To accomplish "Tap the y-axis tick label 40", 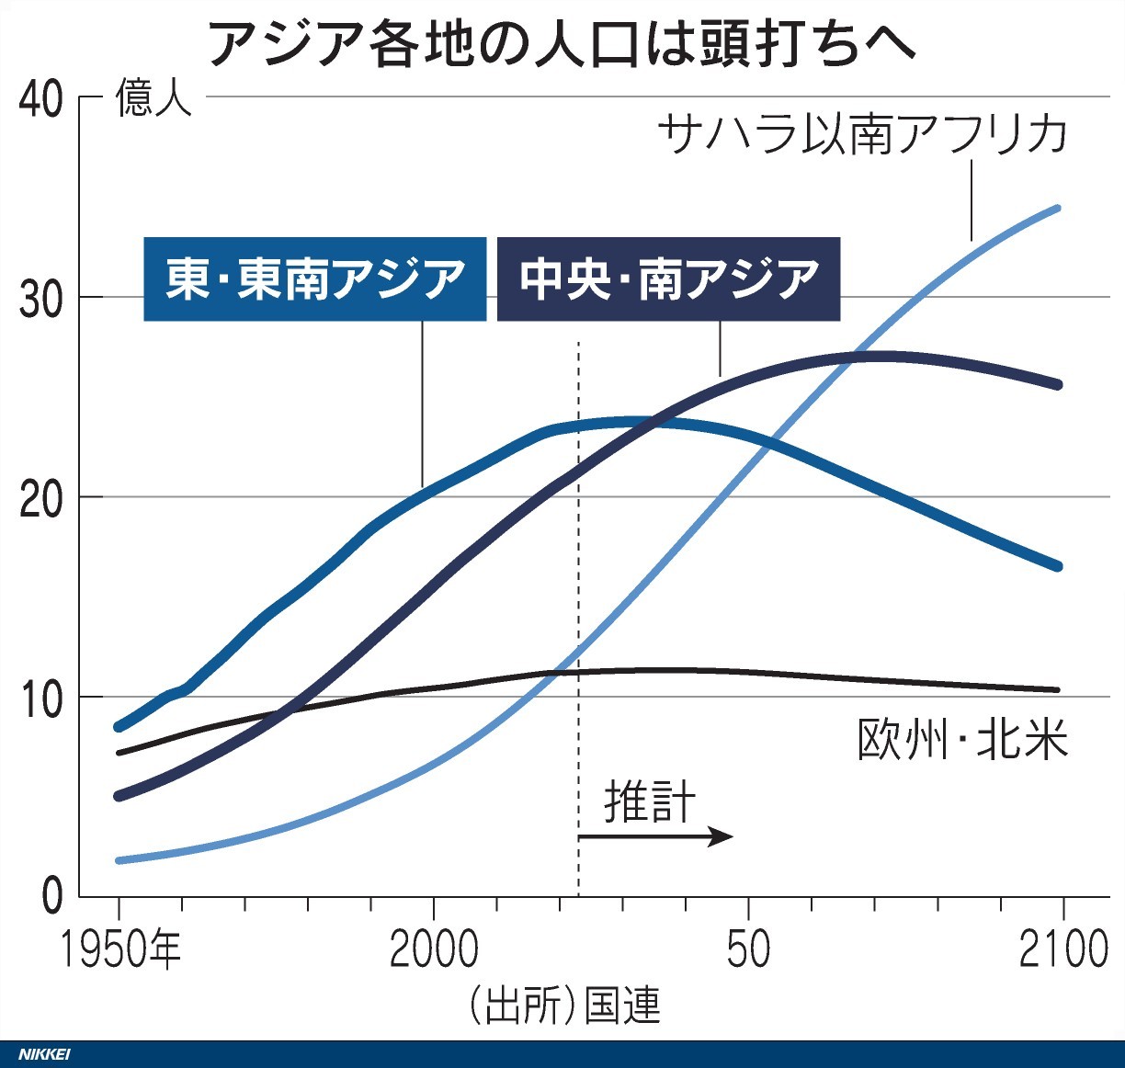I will pyautogui.click(x=41, y=98).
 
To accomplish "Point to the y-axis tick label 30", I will pyautogui.click(x=41, y=298).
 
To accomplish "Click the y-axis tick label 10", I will pyautogui.click(x=41, y=698).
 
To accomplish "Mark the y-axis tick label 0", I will pyautogui.click(x=52, y=896).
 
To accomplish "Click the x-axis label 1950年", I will pyautogui.click(x=120, y=950).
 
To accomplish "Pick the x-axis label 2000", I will pyautogui.click(x=433, y=950).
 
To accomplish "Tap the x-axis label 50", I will pyautogui.click(x=748, y=950).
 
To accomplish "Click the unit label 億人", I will pyautogui.click(x=153, y=98).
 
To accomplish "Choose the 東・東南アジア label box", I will pyautogui.click(x=314, y=279).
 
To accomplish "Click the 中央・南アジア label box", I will pyautogui.click(x=668, y=279).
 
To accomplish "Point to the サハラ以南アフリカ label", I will pyautogui.click(x=862, y=134).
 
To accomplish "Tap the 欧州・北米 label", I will pyautogui.click(x=962, y=740).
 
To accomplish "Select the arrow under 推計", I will pyautogui.click(x=655, y=836).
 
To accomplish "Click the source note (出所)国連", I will pyautogui.click(x=563, y=1006).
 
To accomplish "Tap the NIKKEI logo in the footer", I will pyautogui.click(x=44, y=1054).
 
